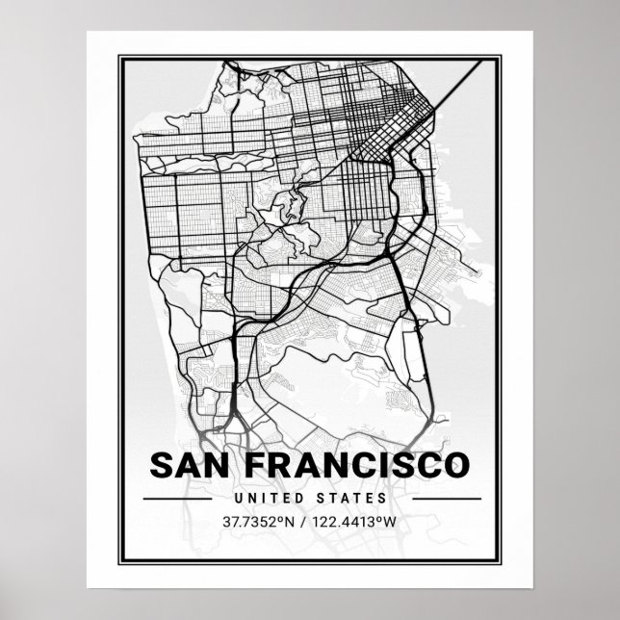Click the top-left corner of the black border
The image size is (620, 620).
pyautogui.click(x=119, y=56)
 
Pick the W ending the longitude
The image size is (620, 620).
pyautogui.click(x=390, y=523)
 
